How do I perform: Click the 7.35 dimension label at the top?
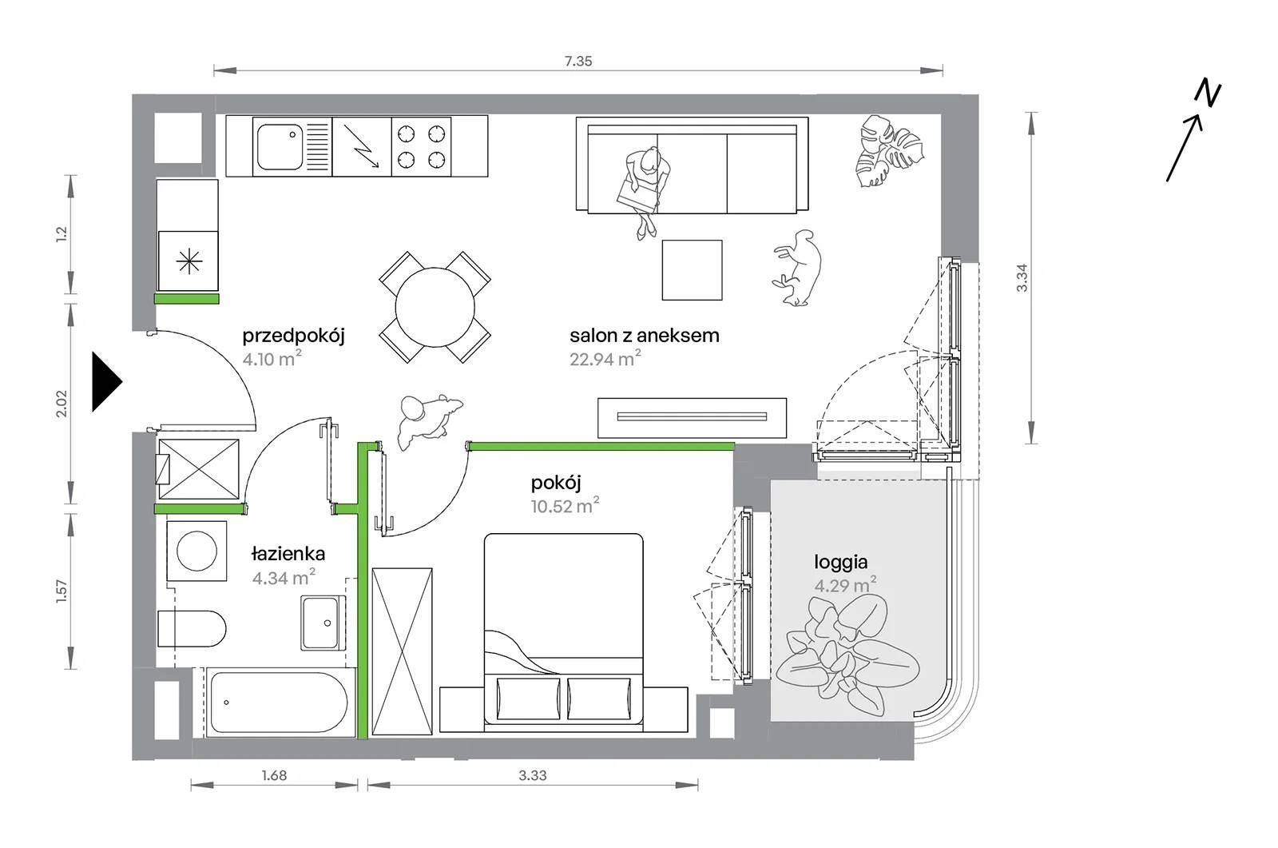578,61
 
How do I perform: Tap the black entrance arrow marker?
107,381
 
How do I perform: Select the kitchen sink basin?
280,147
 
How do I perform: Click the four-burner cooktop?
421,146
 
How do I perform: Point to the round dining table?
435,307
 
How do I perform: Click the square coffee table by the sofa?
692,269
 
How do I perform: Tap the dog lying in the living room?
798,267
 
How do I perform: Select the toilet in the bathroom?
192,629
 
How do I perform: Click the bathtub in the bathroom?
279,703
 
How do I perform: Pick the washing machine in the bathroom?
196,551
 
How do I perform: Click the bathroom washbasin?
323,623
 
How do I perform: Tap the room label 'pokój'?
556,484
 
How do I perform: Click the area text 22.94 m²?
605,358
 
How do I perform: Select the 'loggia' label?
840,562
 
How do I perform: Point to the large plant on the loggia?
847,655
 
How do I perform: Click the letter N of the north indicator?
1207,94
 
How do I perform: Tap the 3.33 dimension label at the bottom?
532,775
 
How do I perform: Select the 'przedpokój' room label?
293,336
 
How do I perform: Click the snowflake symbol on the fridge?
189,261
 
